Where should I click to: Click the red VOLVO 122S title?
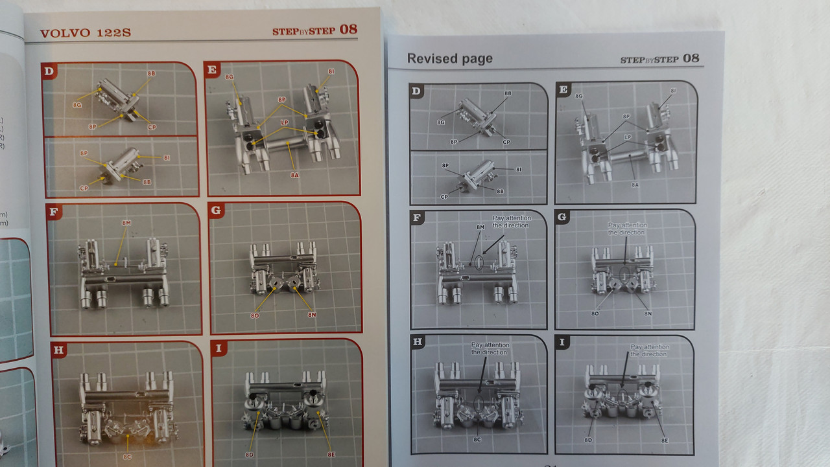pyautogui.click(x=85, y=33)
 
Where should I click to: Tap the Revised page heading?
pyautogui.click(x=449, y=58)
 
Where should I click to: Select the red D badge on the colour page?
pyautogui.click(x=49, y=71)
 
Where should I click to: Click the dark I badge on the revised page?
pyautogui.click(x=562, y=343)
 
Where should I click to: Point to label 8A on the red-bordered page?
pyautogui.click(x=294, y=175)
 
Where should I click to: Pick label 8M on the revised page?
pyautogui.click(x=480, y=227)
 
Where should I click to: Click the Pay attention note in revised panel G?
pyautogui.click(x=627, y=229)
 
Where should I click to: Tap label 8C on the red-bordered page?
pyautogui.click(x=127, y=456)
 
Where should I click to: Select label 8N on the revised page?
pyautogui.click(x=648, y=313)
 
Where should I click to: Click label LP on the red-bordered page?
pyautogui.click(x=284, y=122)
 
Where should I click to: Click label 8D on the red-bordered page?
pyautogui.click(x=249, y=455)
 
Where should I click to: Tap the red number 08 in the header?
pyautogui.click(x=348, y=29)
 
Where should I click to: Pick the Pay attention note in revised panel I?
pyautogui.click(x=649, y=350)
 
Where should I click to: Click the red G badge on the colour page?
pyautogui.click(x=217, y=211)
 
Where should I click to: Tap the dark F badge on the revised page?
pyautogui.click(x=417, y=218)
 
